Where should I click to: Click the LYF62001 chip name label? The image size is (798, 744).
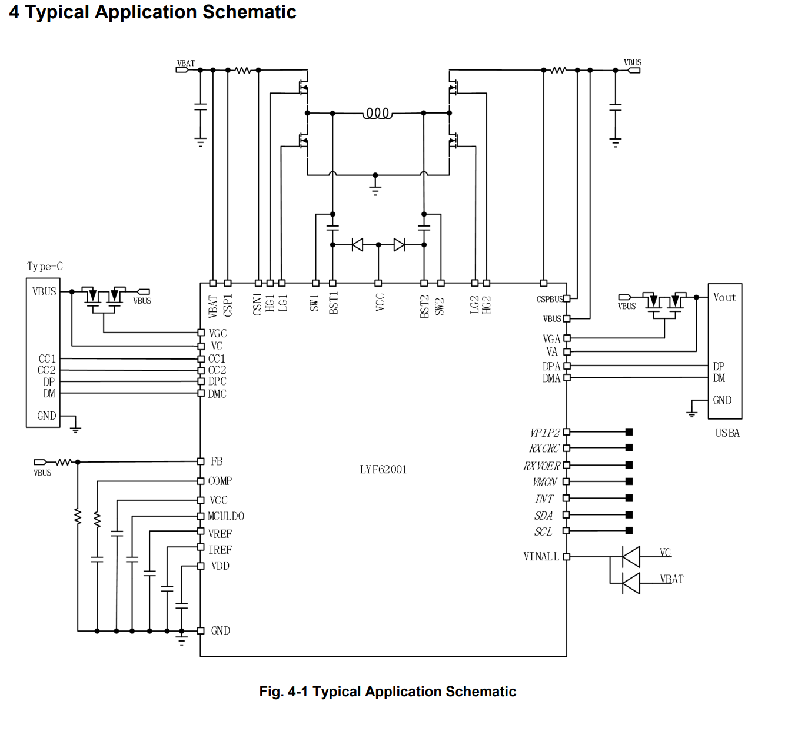[383, 469]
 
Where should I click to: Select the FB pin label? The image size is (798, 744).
[217, 461]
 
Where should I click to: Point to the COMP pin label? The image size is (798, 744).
[220, 481]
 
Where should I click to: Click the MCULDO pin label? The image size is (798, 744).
[226, 516]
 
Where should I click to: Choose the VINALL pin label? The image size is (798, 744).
[541, 556]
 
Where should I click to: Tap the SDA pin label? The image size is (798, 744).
[543, 516]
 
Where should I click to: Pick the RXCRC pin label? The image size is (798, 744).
[544, 449]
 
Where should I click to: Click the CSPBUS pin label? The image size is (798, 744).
[549, 299]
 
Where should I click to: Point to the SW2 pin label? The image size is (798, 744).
[440, 306]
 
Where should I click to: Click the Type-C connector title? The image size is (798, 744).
[45, 266]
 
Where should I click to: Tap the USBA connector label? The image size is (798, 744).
[727, 433]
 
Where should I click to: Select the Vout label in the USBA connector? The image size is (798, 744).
[724, 297]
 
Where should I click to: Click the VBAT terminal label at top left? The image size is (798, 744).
[186, 63]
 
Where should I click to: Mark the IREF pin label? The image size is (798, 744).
[220, 550]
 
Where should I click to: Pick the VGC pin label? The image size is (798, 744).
[218, 333]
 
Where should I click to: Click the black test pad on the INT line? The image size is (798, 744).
[629, 498]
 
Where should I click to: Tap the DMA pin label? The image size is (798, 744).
[551, 378]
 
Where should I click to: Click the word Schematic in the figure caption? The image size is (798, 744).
[480, 692]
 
